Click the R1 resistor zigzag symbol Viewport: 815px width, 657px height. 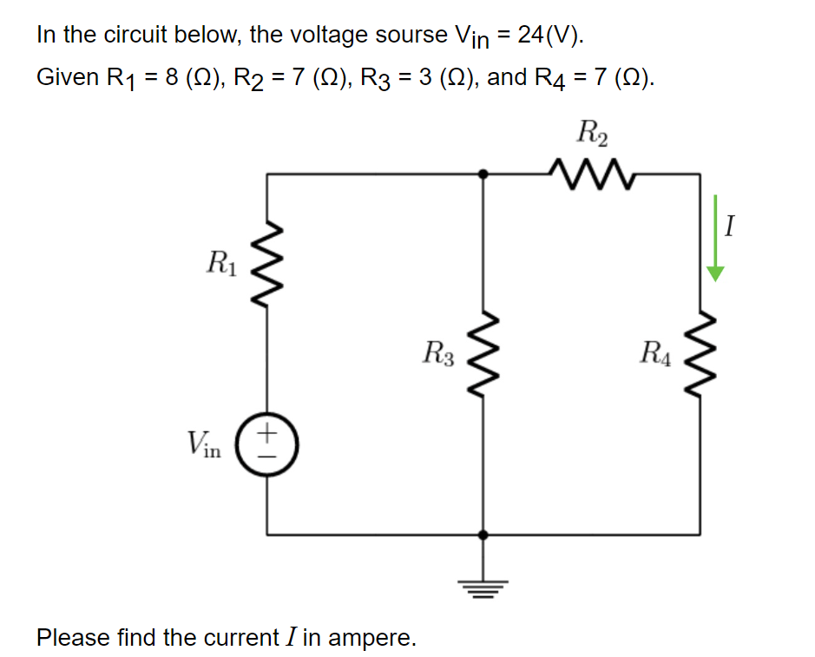point(266,260)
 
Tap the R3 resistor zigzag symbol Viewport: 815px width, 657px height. point(483,353)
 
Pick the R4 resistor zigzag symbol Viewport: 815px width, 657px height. point(700,353)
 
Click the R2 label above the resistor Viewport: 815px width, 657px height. point(592,135)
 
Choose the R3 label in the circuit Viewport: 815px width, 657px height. point(437,353)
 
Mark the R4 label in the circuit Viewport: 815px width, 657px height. point(654,353)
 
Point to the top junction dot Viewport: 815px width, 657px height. point(483,174)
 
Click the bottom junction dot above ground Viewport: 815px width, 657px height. point(483,535)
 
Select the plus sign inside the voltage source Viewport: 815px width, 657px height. point(267,431)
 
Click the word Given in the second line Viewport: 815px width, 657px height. point(67,77)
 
